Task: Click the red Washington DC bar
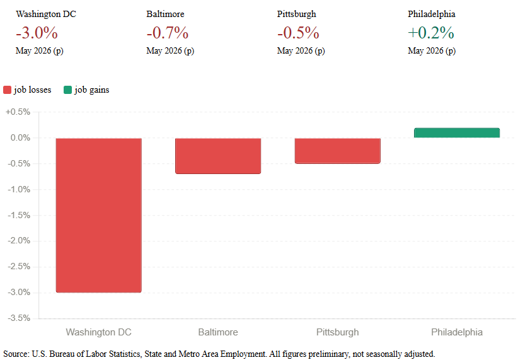pyautogui.click(x=99, y=215)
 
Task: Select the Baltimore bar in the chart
pyautogui.click(x=218, y=156)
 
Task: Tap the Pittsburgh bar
pyautogui.click(x=338, y=151)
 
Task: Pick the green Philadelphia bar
pyautogui.click(x=457, y=132)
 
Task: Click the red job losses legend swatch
pyautogui.click(x=8, y=90)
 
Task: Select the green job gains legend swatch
pyautogui.click(x=67, y=90)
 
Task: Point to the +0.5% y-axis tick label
pyautogui.click(x=18, y=112)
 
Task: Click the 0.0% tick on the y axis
pyautogui.click(x=20, y=137)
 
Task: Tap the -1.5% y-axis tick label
pyautogui.click(x=19, y=215)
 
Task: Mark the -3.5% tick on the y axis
pyautogui.click(x=19, y=318)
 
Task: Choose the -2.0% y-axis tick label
pyautogui.click(x=19, y=241)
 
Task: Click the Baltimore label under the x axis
pyautogui.click(x=218, y=332)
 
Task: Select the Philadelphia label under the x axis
pyautogui.click(x=457, y=332)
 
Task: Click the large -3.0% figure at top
pyautogui.click(x=37, y=33)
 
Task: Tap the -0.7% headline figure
pyautogui.click(x=168, y=33)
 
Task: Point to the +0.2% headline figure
pyautogui.click(x=431, y=33)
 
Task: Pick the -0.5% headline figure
pyautogui.click(x=298, y=33)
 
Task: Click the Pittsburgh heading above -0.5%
pyautogui.click(x=297, y=15)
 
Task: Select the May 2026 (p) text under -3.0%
pyautogui.click(x=39, y=50)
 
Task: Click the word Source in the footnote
pyautogui.click(x=16, y=354)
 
